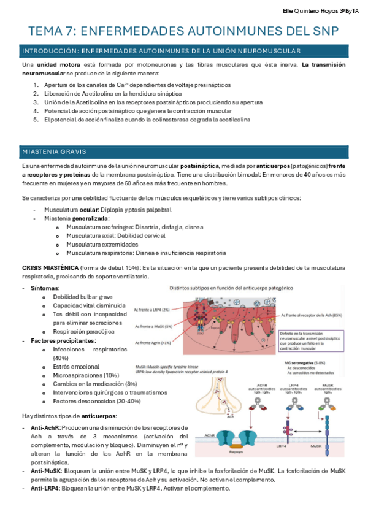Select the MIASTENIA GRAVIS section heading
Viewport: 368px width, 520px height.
[x=54, y=151]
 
